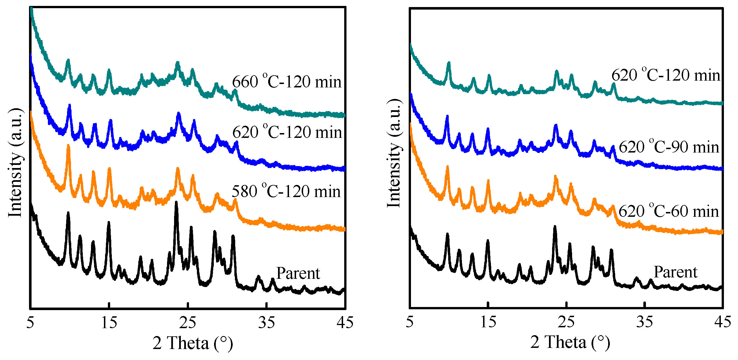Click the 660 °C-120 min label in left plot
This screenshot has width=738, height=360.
[x=286, y=82]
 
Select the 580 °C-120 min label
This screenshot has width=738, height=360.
[x=286, y=191]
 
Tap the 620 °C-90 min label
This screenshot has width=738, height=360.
[x=669, y=147]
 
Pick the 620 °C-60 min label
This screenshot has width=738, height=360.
[x=669, y=211]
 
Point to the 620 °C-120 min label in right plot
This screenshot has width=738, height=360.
[x=666, y=75]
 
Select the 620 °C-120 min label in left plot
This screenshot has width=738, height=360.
[x=287, y=132]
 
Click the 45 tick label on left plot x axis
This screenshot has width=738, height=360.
[x=345, y=323]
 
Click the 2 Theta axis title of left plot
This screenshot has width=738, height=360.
[x=192, y=343]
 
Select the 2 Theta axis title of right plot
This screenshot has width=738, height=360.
[x=570, y=342]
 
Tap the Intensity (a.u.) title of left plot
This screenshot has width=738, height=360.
[x=15, y=162]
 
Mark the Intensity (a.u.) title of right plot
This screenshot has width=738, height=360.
[x=394, y=153]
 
